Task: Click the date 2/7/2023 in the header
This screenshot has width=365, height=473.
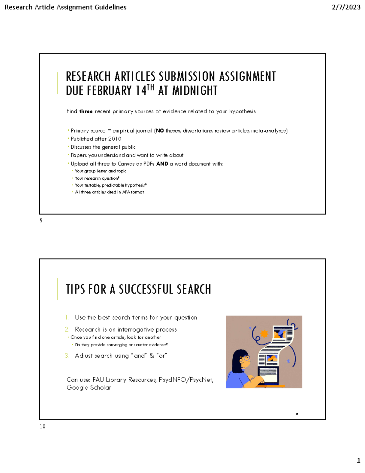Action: point(346,7)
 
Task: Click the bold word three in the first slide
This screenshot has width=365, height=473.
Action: point(86,111)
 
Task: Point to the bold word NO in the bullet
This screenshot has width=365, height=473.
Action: point(160,131)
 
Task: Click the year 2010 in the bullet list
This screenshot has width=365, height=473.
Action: point(115,139)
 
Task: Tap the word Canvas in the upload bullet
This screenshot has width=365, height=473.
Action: point(126,164)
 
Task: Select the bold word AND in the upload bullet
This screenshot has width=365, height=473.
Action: point(162,164)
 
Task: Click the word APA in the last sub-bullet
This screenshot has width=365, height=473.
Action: point(126,192)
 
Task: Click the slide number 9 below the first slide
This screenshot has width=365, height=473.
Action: point(41,221)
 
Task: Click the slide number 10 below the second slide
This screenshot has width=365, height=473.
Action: point(42,426)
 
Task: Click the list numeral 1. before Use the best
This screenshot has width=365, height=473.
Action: point(67,317)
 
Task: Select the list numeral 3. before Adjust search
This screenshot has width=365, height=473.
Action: point(67,356)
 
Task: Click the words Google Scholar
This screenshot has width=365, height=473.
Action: point(89,388)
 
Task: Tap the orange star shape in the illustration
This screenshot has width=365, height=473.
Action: point(264,334)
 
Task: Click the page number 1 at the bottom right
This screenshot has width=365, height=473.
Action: point(358,460)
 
